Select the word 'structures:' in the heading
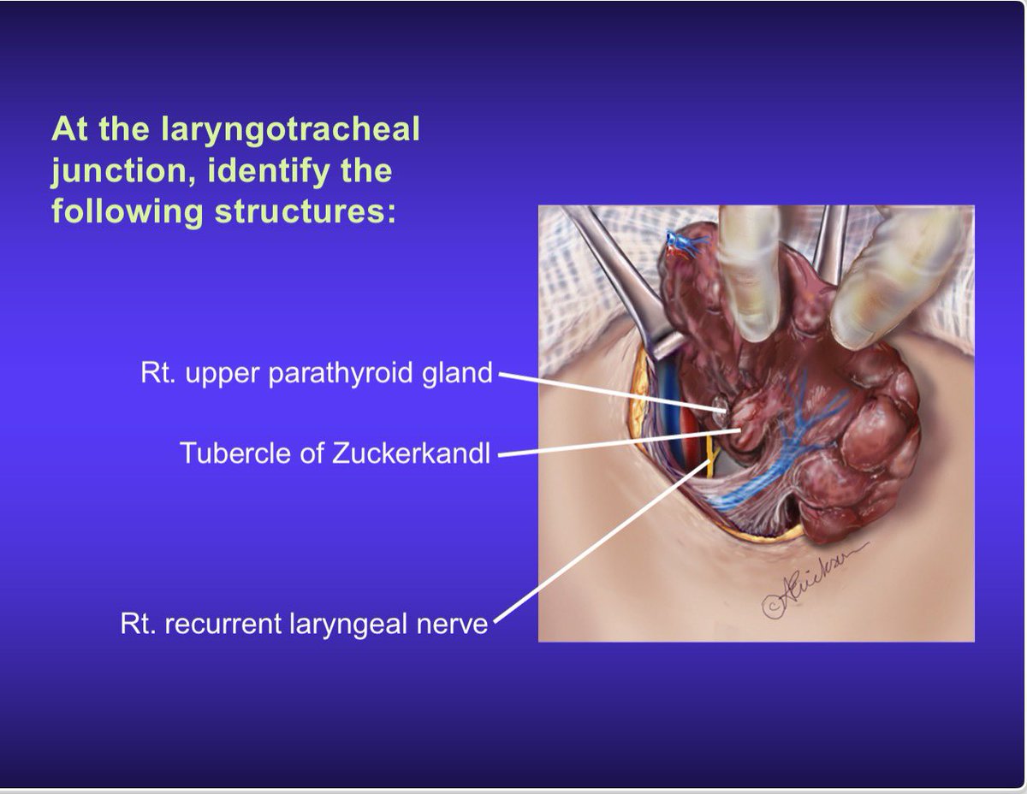[306, 211]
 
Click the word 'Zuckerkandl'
[411, 453]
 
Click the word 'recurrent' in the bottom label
[223, 624]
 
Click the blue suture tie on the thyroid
[682, 243]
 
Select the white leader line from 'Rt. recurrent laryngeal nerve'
[603, 539]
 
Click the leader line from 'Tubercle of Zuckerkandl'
[619, 443]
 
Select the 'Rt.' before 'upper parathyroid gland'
[157, 373]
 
